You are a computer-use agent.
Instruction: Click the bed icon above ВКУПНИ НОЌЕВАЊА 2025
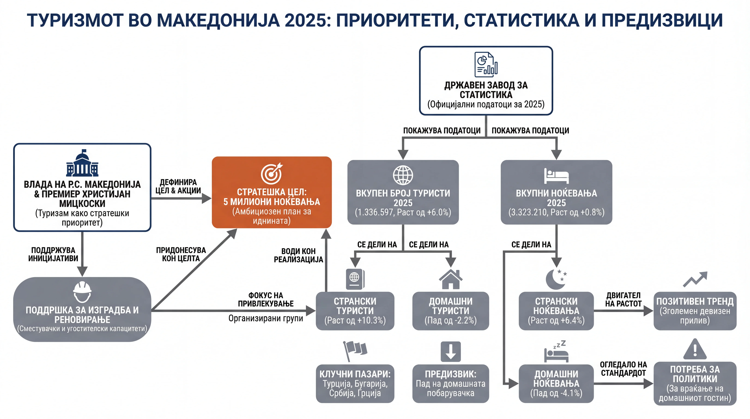click(x=556, y=176)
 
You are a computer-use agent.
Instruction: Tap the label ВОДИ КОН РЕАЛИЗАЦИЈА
click(x=298, y=255)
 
